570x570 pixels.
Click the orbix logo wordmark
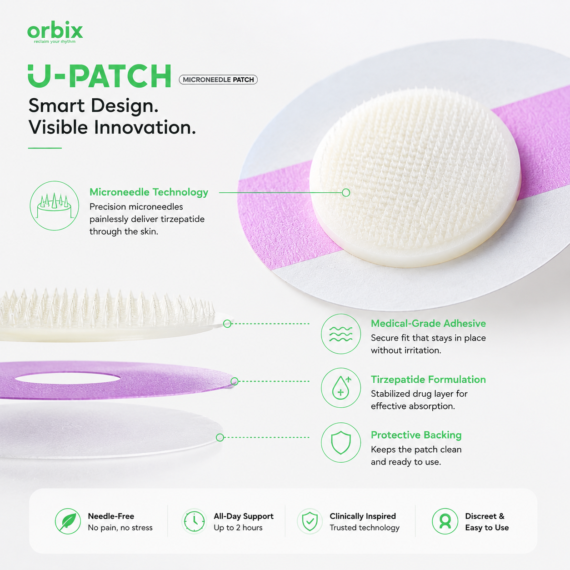coord(55,30)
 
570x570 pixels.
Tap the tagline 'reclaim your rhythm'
coord(55,42)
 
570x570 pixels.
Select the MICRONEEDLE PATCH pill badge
coord(218,80)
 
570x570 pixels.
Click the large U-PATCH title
coord(100,76)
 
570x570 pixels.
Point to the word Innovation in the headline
coord(145,127)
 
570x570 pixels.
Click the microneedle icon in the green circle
coord(55,206)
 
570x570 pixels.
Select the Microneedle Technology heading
coord(149,192)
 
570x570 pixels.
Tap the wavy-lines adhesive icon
coord(341,334)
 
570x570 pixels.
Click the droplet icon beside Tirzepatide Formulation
coord(341,388)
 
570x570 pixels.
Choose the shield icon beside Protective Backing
coord(341,443)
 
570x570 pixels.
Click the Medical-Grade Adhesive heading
coord(428,323)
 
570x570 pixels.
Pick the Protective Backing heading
coord(416,435)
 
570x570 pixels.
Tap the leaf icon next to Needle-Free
coord(68,521)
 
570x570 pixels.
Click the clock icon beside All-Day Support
coord(194,521)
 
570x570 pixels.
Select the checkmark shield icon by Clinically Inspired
coord(310,521)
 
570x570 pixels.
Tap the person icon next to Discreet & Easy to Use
coord(445,521)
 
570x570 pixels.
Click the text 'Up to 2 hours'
coord(238,528)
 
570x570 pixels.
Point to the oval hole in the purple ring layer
coord(68,378)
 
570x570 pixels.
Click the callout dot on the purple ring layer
coord(234,381)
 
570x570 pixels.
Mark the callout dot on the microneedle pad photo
coord(346,193)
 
